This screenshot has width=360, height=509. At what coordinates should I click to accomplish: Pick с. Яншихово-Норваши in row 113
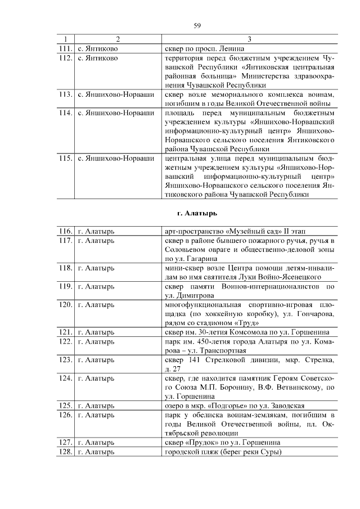coord(115,94)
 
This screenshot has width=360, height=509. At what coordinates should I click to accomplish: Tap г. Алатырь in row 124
coord(96,378)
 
